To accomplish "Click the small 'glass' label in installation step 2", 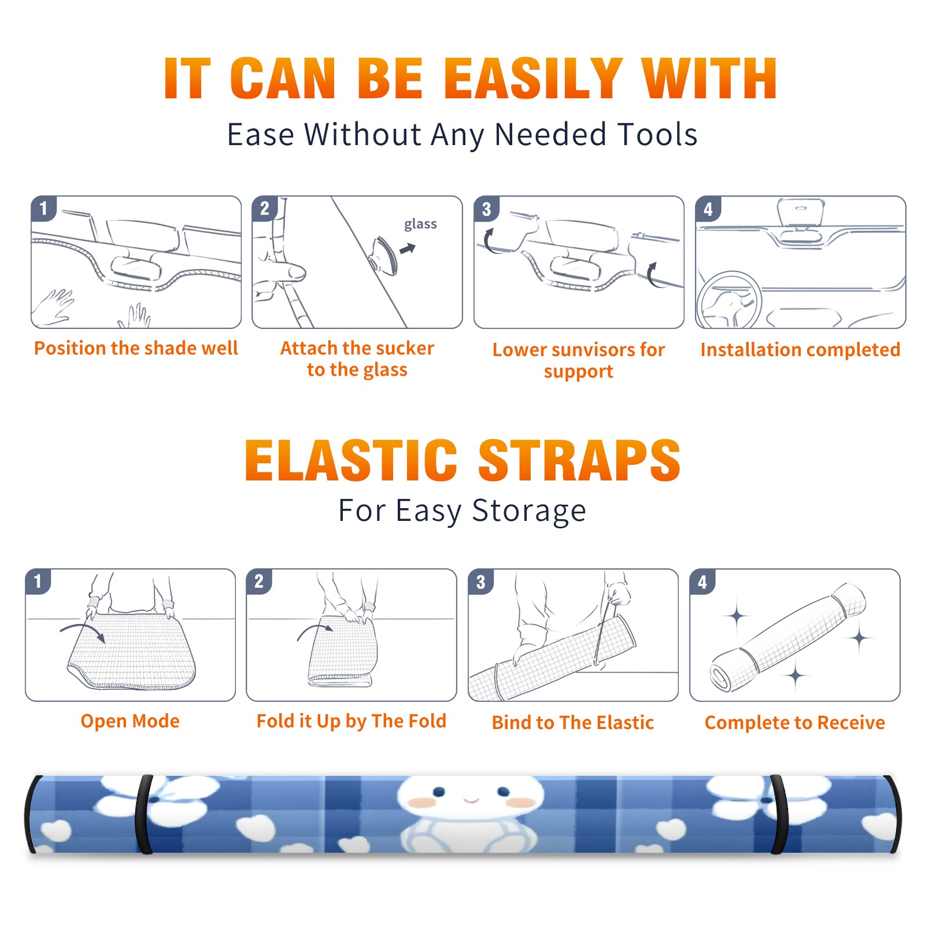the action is [x=420, y=224].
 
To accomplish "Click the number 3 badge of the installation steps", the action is [x=486, y=209].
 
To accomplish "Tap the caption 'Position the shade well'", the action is [x=136, y=348].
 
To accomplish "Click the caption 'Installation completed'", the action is [x=800, y=350].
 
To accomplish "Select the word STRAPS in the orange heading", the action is [x=579, y=460].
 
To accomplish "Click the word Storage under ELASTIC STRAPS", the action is [x=529, y=511].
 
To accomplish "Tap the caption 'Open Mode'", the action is [x=130, y=721].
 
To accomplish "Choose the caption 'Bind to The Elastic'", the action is [x=573, y=723].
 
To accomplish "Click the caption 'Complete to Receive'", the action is [x=795, y=723].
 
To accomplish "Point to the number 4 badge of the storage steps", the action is [x=702, y=582].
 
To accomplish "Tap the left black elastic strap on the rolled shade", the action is [x=143, y=814].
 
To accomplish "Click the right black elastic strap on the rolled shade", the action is [x=778, y=814].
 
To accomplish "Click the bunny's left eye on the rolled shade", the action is [x=439, y=790].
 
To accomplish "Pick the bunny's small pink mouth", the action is [x=471, y=801].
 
